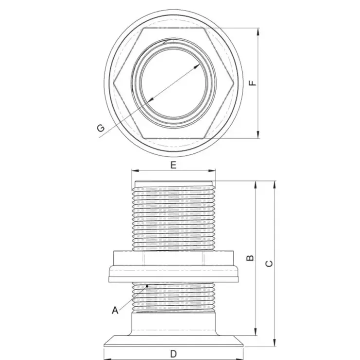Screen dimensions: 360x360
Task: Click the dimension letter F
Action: [253, 83]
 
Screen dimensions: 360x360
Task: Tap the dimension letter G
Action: [101, 127]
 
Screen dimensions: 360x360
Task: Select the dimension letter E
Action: [173, 165]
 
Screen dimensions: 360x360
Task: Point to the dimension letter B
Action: [250, 258]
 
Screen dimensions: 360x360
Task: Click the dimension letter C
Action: [269, 264]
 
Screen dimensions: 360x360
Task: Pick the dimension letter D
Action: [174, 354]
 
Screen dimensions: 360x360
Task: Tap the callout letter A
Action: [115, 310]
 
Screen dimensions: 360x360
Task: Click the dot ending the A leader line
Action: [147, 286]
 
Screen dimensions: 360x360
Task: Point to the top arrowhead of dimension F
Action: [258, 32]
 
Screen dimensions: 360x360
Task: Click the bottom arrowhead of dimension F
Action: [258, 135]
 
